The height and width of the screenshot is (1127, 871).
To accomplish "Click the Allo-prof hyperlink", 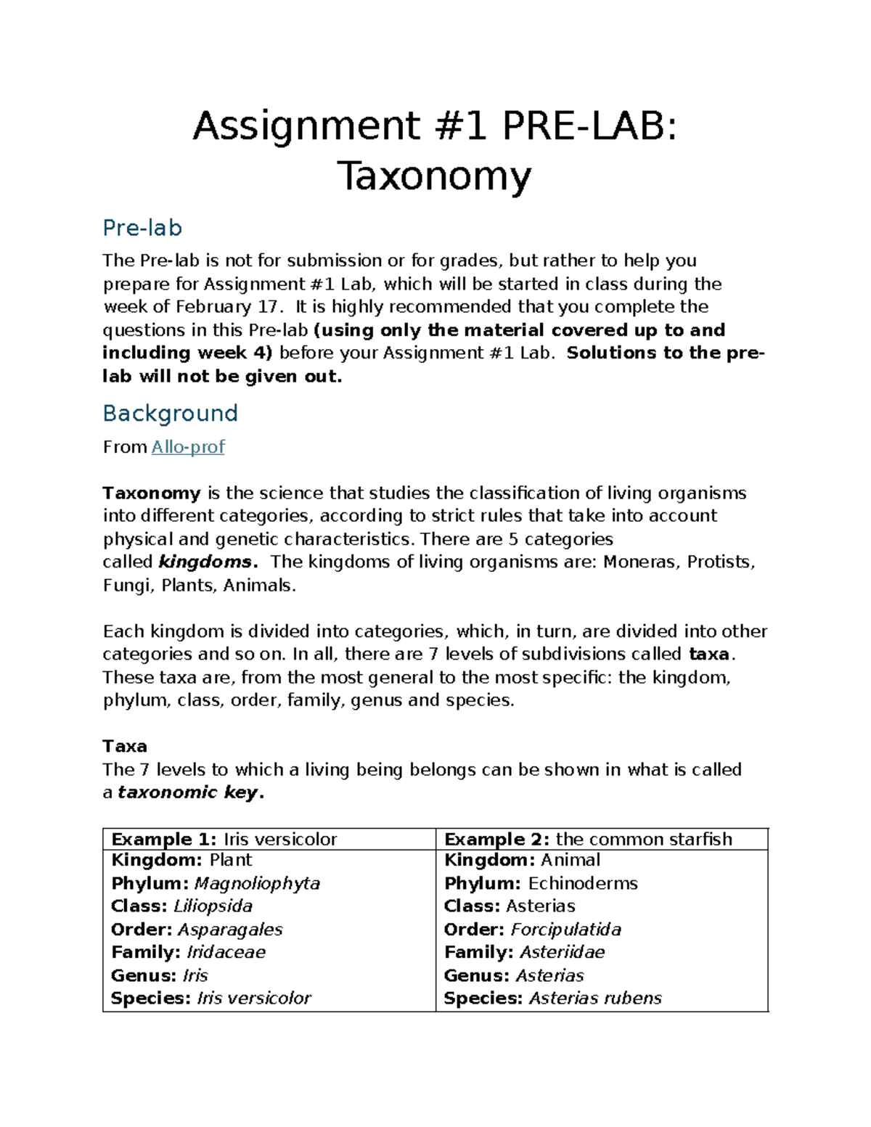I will point(187,447).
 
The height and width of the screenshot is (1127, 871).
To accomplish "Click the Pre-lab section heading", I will point(142,228).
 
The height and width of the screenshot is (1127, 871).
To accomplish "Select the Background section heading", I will point(170,414).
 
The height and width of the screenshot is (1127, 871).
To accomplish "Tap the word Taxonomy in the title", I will point(434,176).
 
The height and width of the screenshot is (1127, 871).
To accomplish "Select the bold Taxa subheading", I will point(125,746).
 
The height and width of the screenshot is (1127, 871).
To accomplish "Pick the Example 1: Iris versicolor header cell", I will point(224,840).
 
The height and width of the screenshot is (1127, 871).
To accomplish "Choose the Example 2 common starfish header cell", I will point(588,840).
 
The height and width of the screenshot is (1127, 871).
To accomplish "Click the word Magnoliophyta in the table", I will point(257,884).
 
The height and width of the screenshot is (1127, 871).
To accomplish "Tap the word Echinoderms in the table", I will point(582,884).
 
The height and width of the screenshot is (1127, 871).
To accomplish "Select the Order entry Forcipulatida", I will point(565,930).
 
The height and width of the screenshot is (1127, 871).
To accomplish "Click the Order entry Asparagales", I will point(229,930).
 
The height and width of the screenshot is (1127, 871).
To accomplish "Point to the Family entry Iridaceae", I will point(226,952).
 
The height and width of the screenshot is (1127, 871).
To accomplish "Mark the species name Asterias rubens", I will point(595,999).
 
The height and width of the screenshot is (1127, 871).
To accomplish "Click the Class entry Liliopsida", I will point(213,906).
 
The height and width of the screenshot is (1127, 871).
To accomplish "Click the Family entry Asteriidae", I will point(562,952).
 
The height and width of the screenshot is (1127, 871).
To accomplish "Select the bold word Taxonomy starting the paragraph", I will point(152,493).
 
